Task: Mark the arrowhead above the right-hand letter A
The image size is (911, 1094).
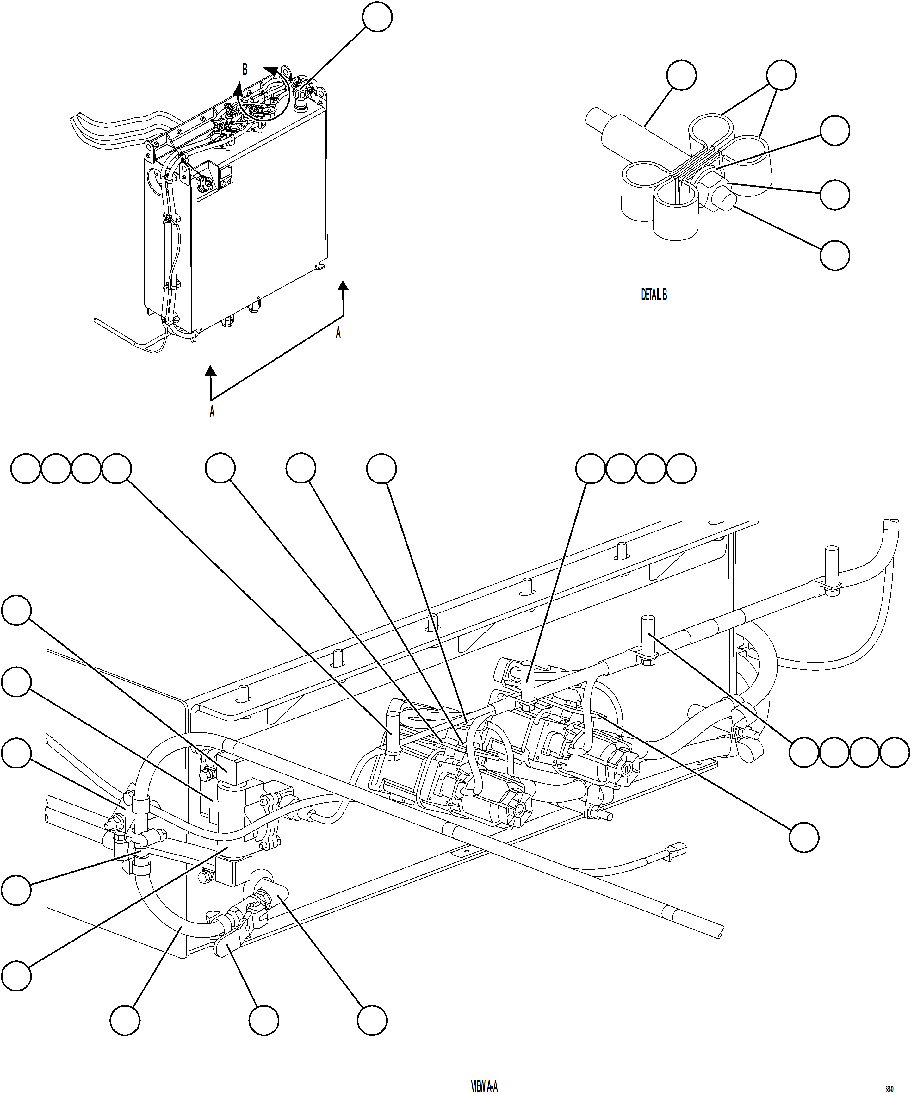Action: [343, 285]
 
